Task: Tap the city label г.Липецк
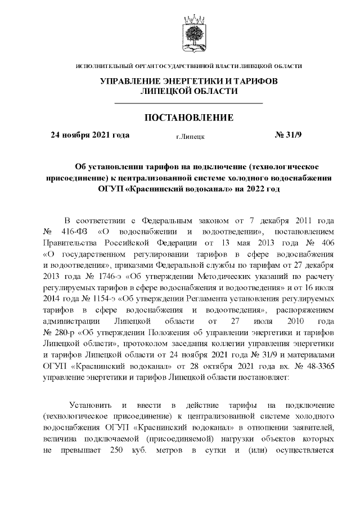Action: [190, 136]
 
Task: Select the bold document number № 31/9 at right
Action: [288, 135]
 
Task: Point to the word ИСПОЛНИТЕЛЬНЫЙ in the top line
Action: [102, 67]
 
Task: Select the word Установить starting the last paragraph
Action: [89, 406]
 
